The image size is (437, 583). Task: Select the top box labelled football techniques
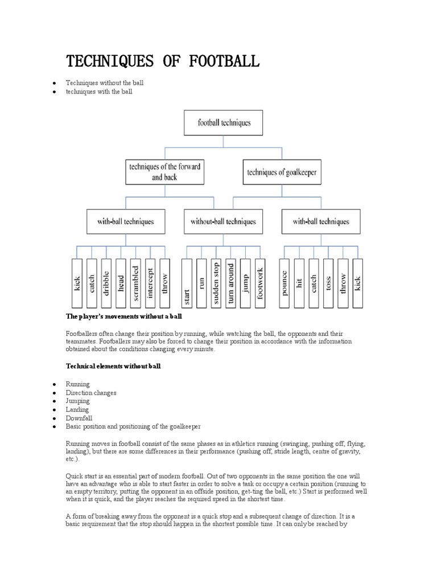click(x=224, y=122)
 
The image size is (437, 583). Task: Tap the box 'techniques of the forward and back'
click(x=164, y=171)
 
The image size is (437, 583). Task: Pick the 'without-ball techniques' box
click(x=223, y=221)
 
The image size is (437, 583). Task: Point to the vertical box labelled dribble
click(x=106, y=283)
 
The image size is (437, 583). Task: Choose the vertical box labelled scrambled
click(x=135, y=283)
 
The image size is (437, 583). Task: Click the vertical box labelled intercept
click(x=150, y=283)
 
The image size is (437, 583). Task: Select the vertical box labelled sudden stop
click(x=216, y=283)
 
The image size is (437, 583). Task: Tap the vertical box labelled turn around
click(x=230, y=283)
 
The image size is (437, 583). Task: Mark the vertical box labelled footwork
click(x=260, y=283)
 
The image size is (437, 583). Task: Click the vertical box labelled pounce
click(x=285, y=283)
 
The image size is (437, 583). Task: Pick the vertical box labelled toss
click(x=328, y=283)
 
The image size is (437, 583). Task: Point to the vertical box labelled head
click(x=121, y=283)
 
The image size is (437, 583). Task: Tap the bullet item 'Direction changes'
click(x=91, y=393)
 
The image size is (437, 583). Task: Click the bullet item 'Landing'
click(x=77, y=409)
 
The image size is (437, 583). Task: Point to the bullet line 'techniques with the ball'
click(x=98, y=91)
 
